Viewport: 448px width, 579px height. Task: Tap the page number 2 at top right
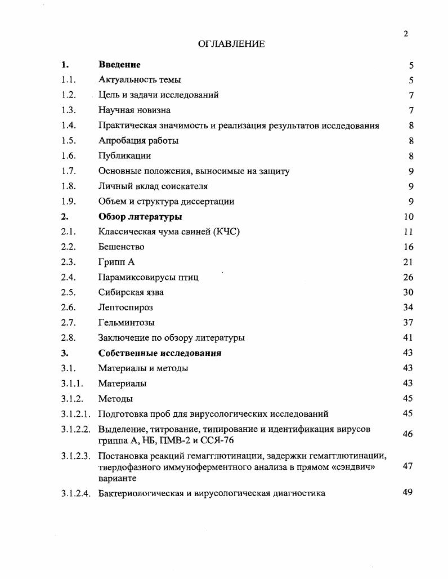[405, 34]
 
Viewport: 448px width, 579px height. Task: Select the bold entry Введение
[119, 65]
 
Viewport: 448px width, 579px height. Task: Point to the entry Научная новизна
[134, 110]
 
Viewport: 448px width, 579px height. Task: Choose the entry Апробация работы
[138, 141]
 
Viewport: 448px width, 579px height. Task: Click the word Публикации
[124, 156]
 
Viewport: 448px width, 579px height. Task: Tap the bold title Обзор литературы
[140, 216]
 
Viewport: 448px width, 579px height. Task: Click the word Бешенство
[121, 247]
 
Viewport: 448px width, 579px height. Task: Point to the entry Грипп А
[117, 262]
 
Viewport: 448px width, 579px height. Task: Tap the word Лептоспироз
[126, 308]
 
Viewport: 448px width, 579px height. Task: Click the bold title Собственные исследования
[160, 353]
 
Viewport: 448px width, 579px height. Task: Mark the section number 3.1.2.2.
[76, 429]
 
